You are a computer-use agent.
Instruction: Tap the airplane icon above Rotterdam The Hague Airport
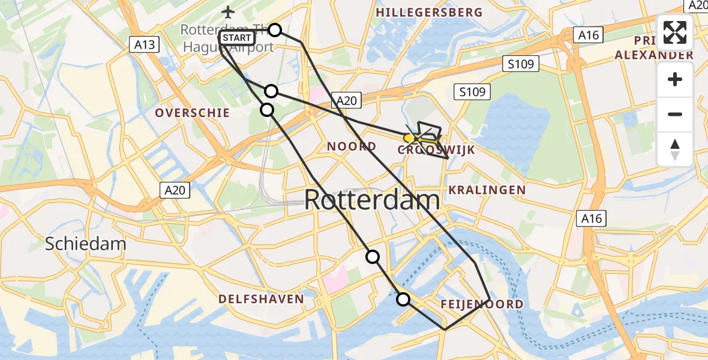[x=228, y=11]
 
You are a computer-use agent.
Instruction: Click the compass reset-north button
[x=675, y=149]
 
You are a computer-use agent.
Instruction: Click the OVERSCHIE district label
[x=192, y=113]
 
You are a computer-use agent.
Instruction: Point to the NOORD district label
[x=352, y=146]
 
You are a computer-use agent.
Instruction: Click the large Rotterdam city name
[x=372, y=200]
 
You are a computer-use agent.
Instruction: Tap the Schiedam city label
[x=86, y=244]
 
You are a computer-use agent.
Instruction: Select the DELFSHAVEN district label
[x=261, y=299]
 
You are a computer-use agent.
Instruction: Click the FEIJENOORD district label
[x=482, y=304]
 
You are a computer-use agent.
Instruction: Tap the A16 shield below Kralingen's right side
[x=591, y=218]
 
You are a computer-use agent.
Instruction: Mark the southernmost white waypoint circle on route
[x=403, y=299]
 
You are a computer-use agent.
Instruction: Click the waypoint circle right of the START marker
[x=274, y=30]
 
